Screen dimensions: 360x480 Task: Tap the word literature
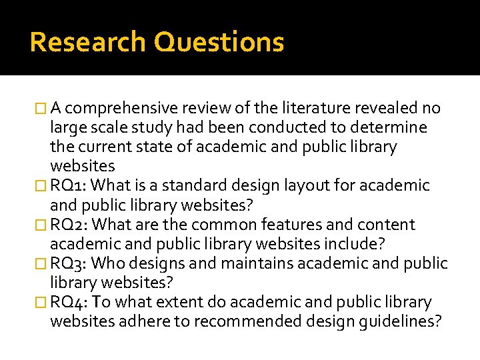coord(316,108)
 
